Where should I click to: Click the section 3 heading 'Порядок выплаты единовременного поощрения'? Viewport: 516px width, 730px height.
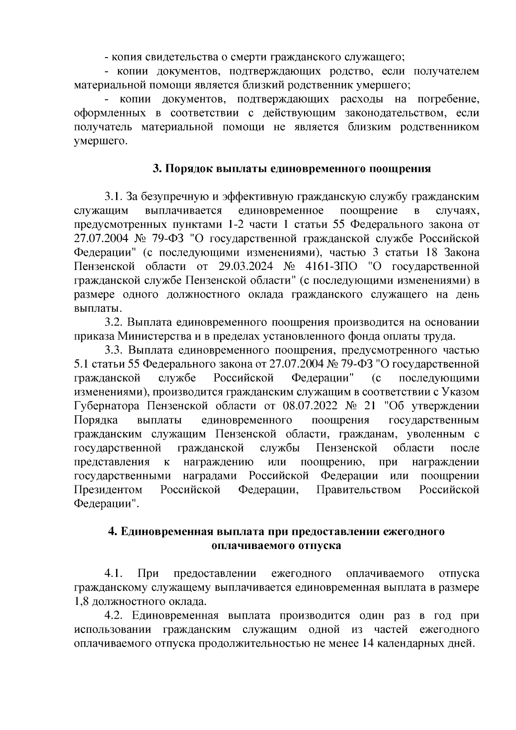click(x=292, y=169)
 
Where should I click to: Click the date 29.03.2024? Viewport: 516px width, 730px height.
click(x=243, y=267)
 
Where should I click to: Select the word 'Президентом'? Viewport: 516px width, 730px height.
click(x=108, y=490)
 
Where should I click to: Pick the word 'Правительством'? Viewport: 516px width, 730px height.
click(x=359, y=490)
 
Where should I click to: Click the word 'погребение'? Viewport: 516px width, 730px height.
click(x=448, y=99)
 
